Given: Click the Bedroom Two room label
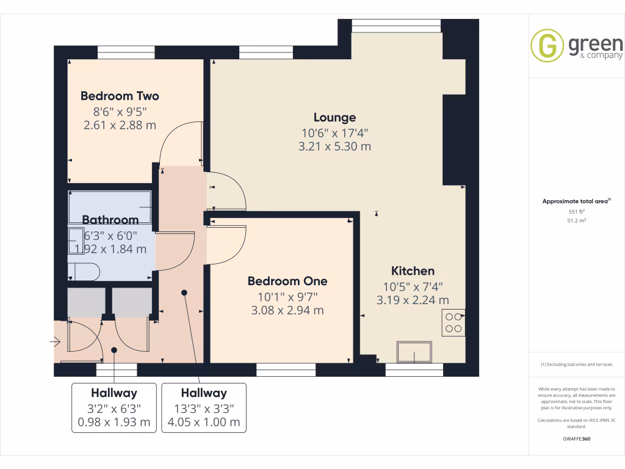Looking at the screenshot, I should click(120, 96).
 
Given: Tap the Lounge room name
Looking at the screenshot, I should click(334, 117).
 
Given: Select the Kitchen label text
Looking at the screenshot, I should click(413, 271).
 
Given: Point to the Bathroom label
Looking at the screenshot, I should click(110, 220).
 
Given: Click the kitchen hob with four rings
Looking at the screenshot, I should click(453, 322).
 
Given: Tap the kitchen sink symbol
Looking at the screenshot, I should click(414, 352).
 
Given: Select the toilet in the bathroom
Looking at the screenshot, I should click(83, 271).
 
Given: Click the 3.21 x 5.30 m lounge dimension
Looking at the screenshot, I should click(334, 147).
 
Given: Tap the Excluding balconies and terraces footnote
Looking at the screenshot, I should click(576, 365).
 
